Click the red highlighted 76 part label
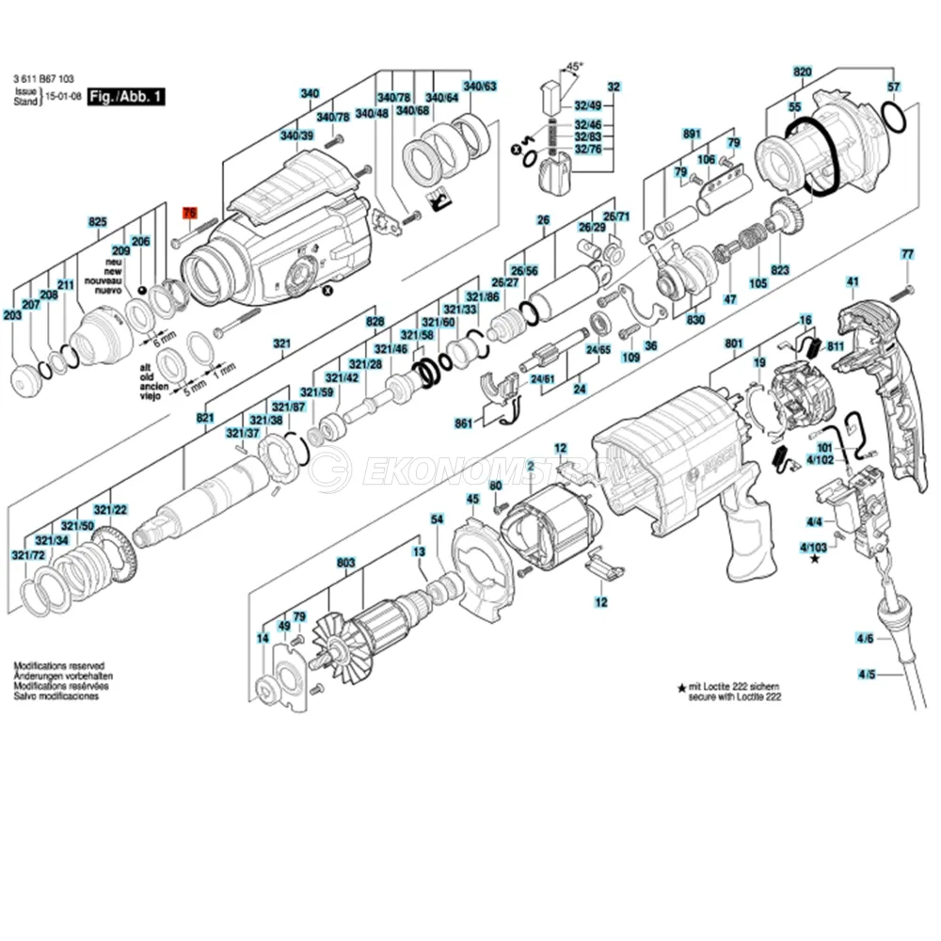pyautogui.click(x=189, y=213)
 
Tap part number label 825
pyautogui.click(x=98, y=222)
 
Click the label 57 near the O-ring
pyautogui.click(x=894, y=87)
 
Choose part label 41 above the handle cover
pyautogui.click(x=853, y=281)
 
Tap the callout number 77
pyautogui.click(x=907, y=254)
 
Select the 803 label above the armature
pyautogui.click(x=346, y=563)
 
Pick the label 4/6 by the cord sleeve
pyautogui.click(x=865, y=639)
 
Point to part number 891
pyautogui.click(x=692, y=135)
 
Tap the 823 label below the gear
pyautogui.click(x=780, y=270)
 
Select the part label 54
pyautogui.click(x=437, y=518)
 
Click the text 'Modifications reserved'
pyautogui.click(x=58, y=665)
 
